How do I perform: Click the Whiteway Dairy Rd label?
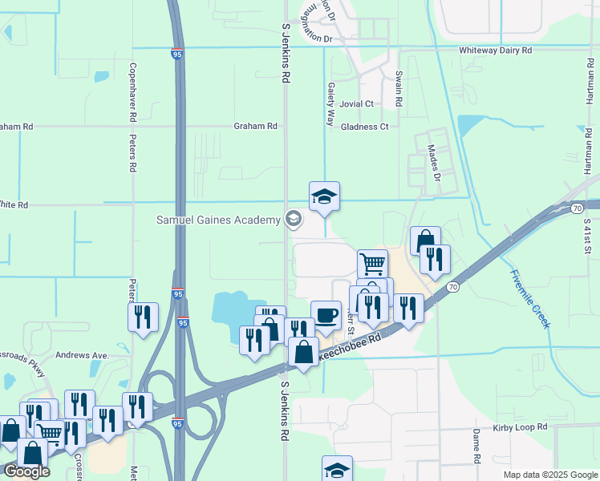tap(496, 50)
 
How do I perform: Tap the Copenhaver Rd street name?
tap(132, 92)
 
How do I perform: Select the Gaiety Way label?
tap(330, 103)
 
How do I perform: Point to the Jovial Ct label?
tap(356, 103)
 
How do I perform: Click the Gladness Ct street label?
tap(364, 127)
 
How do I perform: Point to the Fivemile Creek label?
tap(529, 297)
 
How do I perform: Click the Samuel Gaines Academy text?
tap(218, 220)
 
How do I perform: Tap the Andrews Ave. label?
tap(81, 355)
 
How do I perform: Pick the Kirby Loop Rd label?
tap(520, 428)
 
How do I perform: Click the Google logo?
tap(26, 471)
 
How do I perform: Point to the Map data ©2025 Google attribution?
tap(550, 475)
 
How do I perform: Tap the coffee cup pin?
tap(326, 314)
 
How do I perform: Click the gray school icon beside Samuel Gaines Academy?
tap(294, 219)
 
